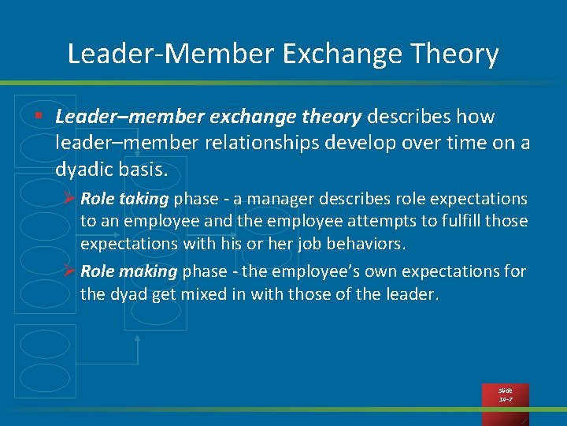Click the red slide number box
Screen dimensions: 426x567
(505, 395)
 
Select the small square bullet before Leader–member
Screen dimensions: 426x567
(38, 117)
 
